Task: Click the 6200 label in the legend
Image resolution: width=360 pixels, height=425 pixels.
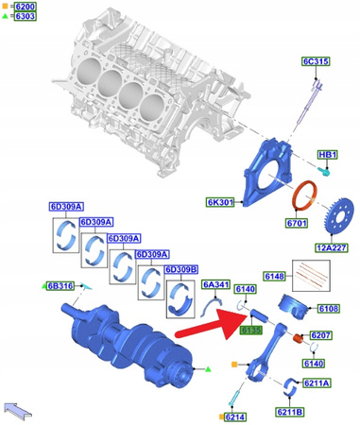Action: click(x=24, y=7)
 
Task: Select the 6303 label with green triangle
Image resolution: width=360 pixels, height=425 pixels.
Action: click(x=24, y=17)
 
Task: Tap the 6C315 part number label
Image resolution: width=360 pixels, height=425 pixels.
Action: click(x=315, y=62)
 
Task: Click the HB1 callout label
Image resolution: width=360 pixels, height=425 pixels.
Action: click(x=326, y=154)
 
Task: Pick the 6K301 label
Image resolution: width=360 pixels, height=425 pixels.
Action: click(x=219, y=201)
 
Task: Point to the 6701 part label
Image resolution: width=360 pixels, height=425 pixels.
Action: click(x=300, y=225)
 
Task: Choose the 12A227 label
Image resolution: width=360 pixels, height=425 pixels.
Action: click(x=330, y=247)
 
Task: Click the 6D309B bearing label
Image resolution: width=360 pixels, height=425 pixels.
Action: click(x=181, y=269)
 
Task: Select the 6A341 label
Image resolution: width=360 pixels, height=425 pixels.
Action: click(x=214, y=284)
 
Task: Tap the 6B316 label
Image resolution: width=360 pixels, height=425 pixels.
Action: click(x=63, y=285)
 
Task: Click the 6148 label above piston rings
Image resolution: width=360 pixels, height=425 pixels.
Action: click(x=275, y=276)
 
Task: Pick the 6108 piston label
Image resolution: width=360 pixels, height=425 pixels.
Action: click(x=328, y=308)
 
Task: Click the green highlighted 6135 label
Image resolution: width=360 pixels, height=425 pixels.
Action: click(x=250, y=330)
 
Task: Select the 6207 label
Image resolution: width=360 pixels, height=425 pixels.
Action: click(x=321, y=335)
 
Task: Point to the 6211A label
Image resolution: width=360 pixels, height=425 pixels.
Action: click(x=316, y=383)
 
